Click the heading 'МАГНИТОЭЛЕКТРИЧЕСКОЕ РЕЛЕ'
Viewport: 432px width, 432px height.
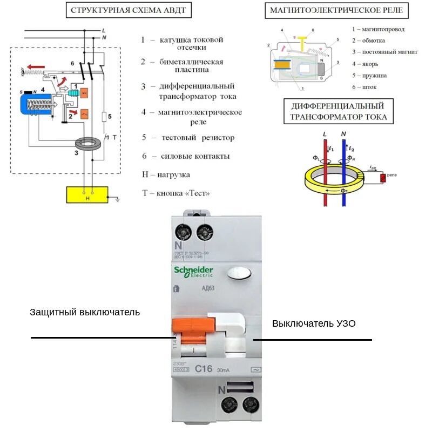coord(337,11)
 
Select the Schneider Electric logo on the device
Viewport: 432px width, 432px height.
coord(193,272)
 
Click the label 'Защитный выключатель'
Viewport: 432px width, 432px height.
coord(85,312)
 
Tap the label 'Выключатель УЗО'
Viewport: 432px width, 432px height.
coord(314,323)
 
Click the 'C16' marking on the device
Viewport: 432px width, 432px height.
coord(204,369)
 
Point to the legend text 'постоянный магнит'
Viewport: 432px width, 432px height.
coord(377,52)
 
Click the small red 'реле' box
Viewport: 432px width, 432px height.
coord(383,177)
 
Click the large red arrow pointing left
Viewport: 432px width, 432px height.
coord(37,67)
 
